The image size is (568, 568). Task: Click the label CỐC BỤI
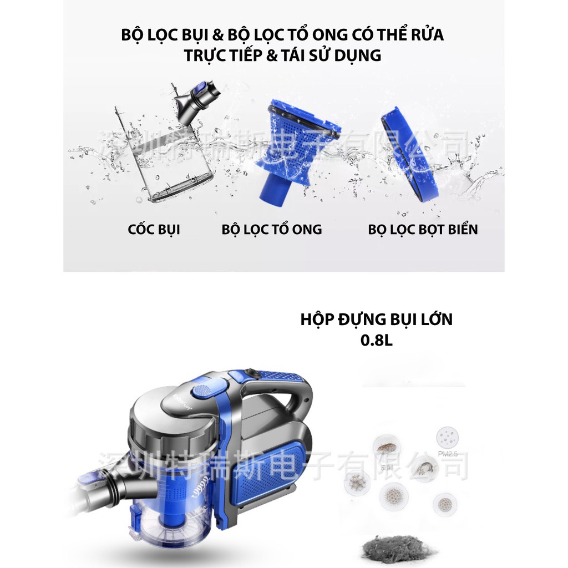154,229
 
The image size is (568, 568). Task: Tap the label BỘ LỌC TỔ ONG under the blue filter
271,229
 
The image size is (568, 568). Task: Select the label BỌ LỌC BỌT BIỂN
423,229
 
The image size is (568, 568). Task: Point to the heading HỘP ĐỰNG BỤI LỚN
376,319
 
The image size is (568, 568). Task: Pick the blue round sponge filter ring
409,154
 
